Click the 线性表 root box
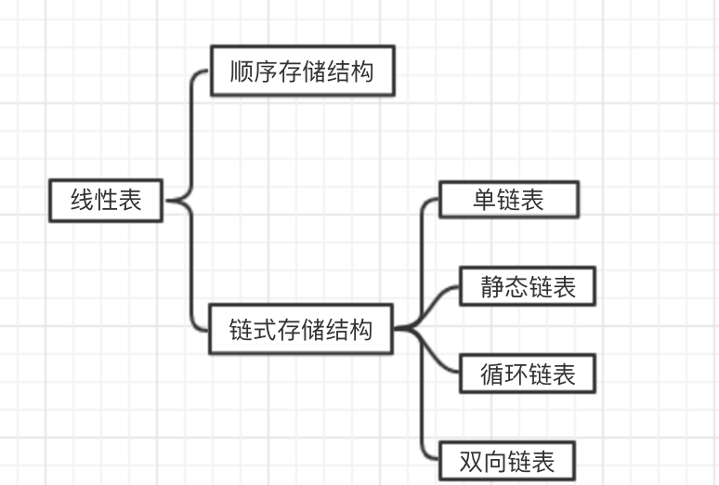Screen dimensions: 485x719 click(x=106, y=200)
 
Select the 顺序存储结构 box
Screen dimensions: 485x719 click(x=303, y=71)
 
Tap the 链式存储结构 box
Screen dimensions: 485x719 click(x=302, y=329)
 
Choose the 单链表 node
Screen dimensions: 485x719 click(x=509, y=200)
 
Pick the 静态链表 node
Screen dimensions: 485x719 click(x=528, y=286)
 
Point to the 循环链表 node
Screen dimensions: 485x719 click(x=528, y=374)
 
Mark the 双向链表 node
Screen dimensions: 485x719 click(x=508, y=461)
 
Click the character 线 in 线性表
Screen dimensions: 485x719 click(x=83, y=200)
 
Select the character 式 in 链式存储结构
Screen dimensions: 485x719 click(x=266, y=329)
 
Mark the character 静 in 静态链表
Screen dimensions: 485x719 click(x=492, y=286)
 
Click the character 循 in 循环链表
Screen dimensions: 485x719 click(x=492, y=374)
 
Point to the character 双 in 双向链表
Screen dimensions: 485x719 click(x=473, y=461)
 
